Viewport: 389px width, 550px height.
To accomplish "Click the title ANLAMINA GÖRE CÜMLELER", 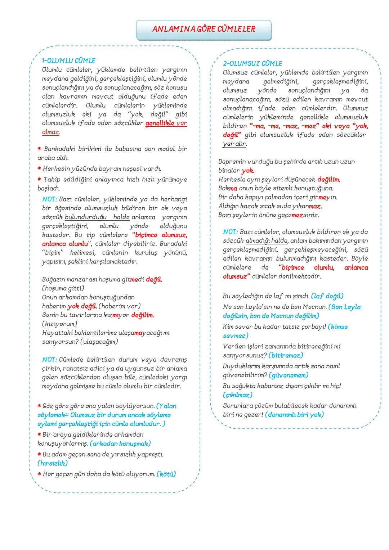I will (204, 30).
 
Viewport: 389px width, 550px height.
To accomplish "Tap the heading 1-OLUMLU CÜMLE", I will (68, 61).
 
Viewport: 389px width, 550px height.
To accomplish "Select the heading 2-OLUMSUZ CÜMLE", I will (252, 64).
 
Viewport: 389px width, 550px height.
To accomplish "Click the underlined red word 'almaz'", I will (50, 132).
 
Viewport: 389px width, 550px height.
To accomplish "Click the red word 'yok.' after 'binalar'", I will (248, 171).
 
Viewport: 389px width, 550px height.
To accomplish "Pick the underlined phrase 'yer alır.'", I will (234, 144).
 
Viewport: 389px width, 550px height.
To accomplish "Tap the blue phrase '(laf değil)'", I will (327, 296).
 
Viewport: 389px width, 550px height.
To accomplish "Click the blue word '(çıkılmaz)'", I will (238, 395).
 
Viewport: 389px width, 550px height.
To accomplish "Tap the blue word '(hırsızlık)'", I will (53, 463).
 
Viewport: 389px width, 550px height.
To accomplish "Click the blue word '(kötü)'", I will (166, 474).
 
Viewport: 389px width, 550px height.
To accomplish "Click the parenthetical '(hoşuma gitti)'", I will (63, 288).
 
